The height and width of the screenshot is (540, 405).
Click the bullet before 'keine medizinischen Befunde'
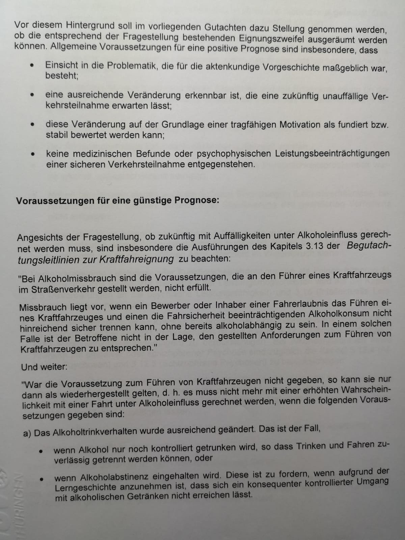coord(32,155)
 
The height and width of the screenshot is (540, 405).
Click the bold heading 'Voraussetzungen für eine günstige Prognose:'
coord(118,200)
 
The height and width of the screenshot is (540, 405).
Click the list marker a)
coord(27,433)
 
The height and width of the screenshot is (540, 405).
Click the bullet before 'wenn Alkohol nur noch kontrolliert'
coord(41,451)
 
